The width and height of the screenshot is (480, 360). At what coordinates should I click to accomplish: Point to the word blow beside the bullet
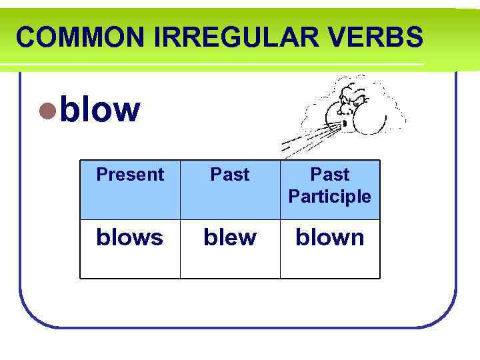tap(100, 109)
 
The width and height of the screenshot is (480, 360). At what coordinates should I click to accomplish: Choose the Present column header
tap(130, 175)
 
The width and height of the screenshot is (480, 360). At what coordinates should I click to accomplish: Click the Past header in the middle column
tap(230, 175)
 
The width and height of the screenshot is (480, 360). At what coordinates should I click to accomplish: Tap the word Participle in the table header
tap(330, 197)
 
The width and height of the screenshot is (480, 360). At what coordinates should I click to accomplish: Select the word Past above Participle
tap(330, 175)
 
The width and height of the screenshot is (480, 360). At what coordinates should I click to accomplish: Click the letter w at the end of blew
tap(246, 238)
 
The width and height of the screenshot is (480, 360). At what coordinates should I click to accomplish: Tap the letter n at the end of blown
tap(357, 238)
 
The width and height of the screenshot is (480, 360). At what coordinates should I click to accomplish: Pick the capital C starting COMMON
tap(25, 37)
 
